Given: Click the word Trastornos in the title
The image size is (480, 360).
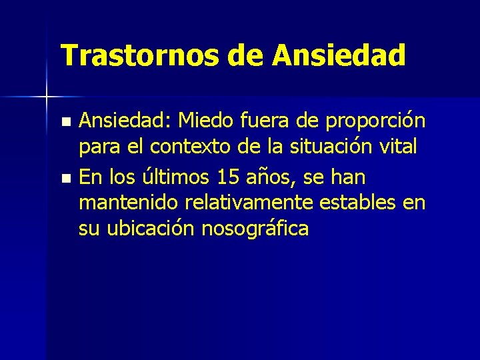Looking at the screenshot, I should click(141, 55).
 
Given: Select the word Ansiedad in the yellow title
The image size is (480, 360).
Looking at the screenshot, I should click(338, 55).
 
